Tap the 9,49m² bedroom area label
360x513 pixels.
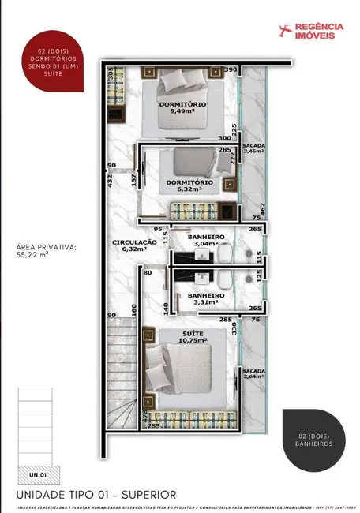click(182, 110)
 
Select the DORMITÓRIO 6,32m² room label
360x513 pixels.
click(184, 185)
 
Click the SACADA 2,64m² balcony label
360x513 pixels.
click(253, 373)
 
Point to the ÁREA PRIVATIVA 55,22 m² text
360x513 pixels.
click(45, 251)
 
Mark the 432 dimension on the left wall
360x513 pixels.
click(111, 181)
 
